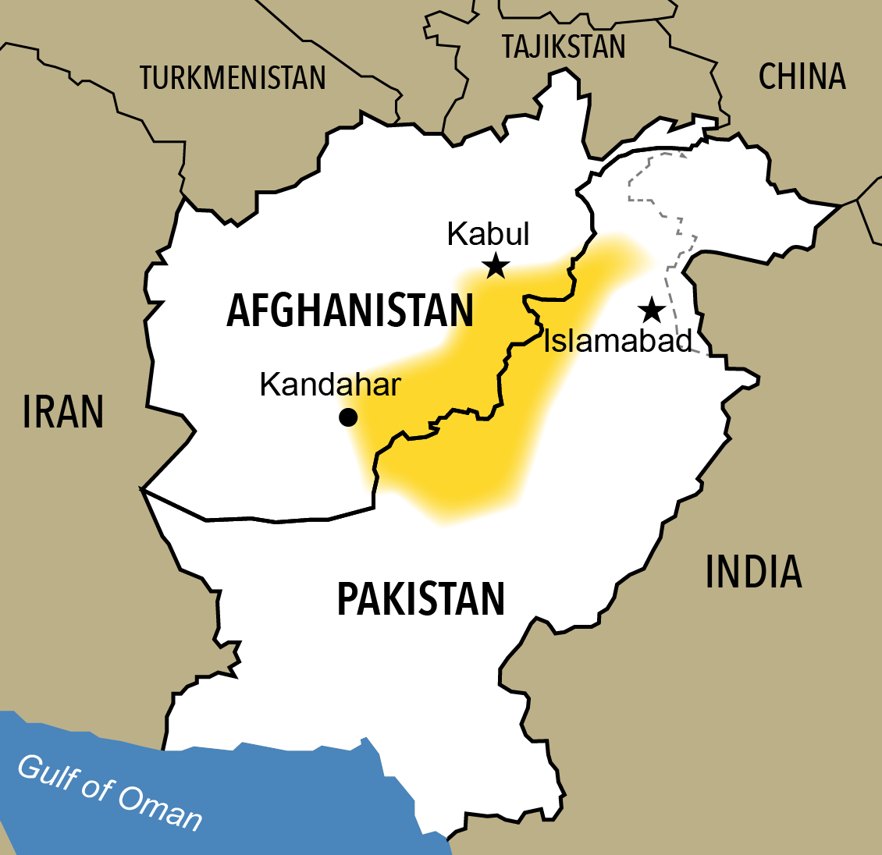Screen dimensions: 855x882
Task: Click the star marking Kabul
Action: [496, 268]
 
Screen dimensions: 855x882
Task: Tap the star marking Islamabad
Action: [651, 310]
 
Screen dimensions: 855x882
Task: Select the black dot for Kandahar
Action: [348, 417]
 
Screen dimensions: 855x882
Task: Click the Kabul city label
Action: [488, 234]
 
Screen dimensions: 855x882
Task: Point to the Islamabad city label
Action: [617, 341]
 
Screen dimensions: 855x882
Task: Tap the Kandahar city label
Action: [330, 385]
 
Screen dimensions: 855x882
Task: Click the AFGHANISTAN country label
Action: [350, 310]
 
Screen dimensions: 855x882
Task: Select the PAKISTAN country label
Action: [421, 599]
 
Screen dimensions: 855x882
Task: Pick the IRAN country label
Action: [62, 412]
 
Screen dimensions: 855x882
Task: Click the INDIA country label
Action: [753, 572]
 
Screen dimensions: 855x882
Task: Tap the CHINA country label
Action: [802, 76]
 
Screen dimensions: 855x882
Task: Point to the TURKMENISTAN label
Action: [233, 78]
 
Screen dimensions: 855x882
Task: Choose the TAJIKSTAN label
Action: [564, 47]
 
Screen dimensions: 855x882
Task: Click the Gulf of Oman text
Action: [109, 793]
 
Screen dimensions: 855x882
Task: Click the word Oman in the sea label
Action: [160, 807]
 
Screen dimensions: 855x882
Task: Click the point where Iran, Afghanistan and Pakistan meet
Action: [141, 489]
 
